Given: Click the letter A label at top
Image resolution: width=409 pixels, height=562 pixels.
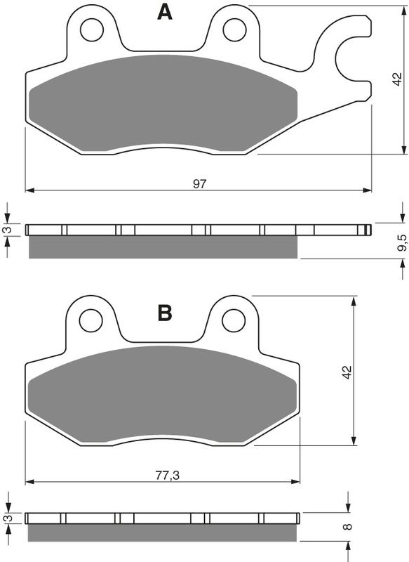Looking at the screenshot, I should click(164, 12).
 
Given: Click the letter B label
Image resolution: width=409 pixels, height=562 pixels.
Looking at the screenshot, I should click(164, 313).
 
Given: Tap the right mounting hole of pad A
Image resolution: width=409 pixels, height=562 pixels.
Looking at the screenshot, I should click(234, 29).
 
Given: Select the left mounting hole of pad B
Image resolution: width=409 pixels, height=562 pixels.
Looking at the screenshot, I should click(91, 320).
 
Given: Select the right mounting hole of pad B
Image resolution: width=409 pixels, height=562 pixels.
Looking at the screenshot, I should click(234, 320).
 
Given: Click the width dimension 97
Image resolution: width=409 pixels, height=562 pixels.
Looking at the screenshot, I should click(200, 183).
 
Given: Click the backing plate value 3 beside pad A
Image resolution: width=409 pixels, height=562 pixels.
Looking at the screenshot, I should click(8, 230).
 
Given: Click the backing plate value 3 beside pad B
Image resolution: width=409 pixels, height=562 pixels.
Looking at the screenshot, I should click(8, 518).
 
